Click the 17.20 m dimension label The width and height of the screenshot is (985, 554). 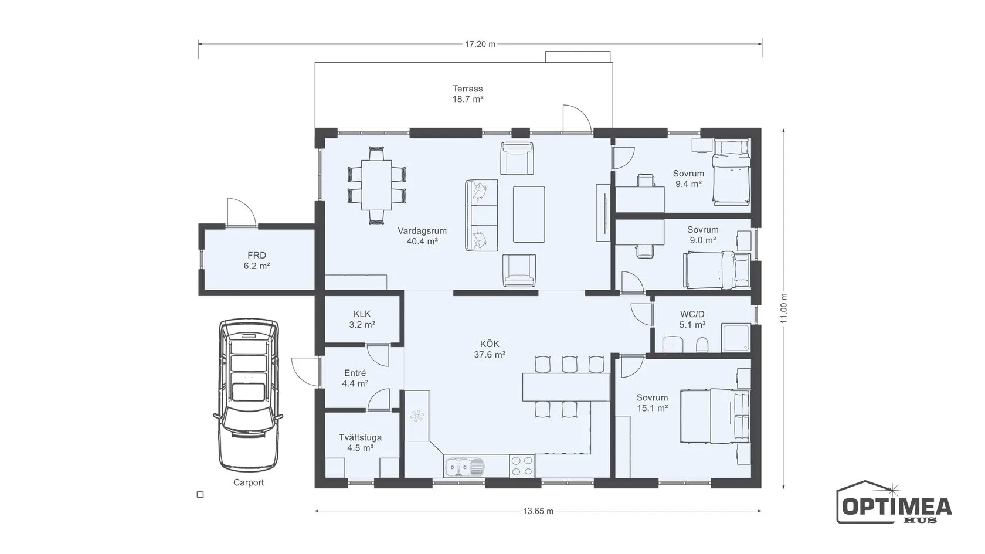pyautogui.click(x=480, y=44)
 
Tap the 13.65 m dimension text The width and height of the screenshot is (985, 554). pyautogui.click(x=538, y=511)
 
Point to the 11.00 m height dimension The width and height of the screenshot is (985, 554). pyautogui.click(x=784, y=308)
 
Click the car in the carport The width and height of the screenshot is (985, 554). pyautogui.click(x=249, y=395)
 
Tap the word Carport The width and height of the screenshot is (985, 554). pyautogui.click(x=249, y=482)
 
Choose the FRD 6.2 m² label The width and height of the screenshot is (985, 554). pyautogui.click(x=257, y=260)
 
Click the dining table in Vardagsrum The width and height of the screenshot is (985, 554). pyautogui.click(x=376, y=185)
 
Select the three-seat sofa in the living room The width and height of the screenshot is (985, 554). pyautogui.click(x=481, y=215)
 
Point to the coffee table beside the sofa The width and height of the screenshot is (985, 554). pyautogui.click(x=529, y=214)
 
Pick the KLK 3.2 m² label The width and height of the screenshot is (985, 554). pyautogui.click(x=362, y=319)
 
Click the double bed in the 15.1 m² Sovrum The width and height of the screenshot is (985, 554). pyautogui.click(x=715, y=416)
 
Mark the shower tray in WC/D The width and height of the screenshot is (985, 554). pyautogui.click(x=735, y=338)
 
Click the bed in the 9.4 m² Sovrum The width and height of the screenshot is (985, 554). pyautogui.click(x=731, y=172)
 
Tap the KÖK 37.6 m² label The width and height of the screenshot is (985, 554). pyautogui.click(x=490, y=349)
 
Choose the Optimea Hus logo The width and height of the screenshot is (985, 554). pyautogui.click(x=894, y=502)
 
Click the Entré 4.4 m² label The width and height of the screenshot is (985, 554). pyautogui.click(x=355, y=378)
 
